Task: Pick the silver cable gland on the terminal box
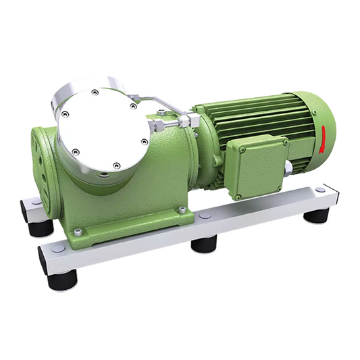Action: pos(288,167)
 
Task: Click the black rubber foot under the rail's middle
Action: pos(204,243)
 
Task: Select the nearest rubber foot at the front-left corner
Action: pos(61,278)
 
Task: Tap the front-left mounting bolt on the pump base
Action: pos(79,232)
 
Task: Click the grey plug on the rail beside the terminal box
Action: pos(205,216)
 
